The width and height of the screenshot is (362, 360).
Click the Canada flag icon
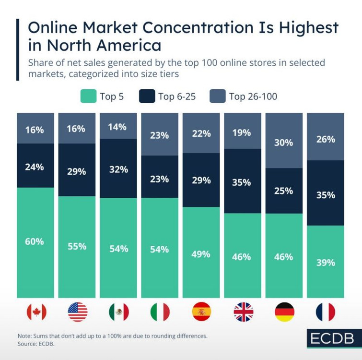[x=36, y=312]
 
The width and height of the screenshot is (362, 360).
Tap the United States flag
[x=78, y=312]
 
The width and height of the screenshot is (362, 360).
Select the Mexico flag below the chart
[x=119, y=312]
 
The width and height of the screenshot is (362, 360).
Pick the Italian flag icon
[x=160, y=312]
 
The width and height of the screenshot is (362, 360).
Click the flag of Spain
[x=201, y=312]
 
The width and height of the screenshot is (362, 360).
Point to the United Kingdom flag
[x=243, y=312]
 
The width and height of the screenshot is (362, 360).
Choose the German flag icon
[x=284, y=312]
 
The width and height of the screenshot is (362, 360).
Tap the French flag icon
[x=326, y=312]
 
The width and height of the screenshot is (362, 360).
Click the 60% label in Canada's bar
[x=35, y=241]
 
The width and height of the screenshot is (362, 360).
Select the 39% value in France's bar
[x=326, y=263]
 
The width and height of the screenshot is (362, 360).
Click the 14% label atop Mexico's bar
[x=118, y=127]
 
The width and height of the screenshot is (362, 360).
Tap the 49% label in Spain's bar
[x=201, y=254]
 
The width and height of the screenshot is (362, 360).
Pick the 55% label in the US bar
[x=77, y=246]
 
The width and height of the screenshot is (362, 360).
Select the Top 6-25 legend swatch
[x=147, y=96]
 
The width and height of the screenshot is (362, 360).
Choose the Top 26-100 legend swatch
[x=218, y=96]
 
